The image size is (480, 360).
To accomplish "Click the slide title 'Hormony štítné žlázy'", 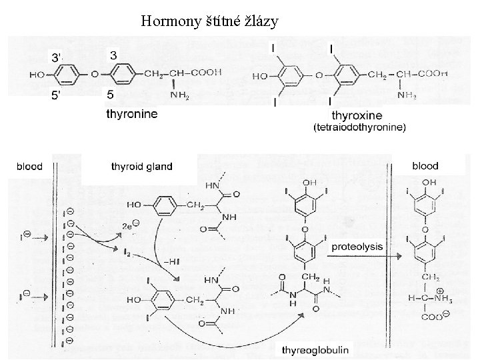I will pyautogui.click(x=210, y=22).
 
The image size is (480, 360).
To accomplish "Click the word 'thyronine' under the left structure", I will pyautogui.click(x=133, y=114).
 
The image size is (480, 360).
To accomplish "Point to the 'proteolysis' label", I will pyautogui.click(x=358, y=246).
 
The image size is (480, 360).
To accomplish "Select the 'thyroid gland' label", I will pyautogui.click(x=141, y=167).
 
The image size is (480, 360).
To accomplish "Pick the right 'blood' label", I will pyautogui.click(x=425, y=165).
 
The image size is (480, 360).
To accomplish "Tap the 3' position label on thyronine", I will pyautogui.click(x=59, y=56).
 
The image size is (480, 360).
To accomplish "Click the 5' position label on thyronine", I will pyautogui.click(x=59, y=96).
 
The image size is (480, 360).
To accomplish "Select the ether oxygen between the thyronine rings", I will pyautogui.click(x=95, y=73).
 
